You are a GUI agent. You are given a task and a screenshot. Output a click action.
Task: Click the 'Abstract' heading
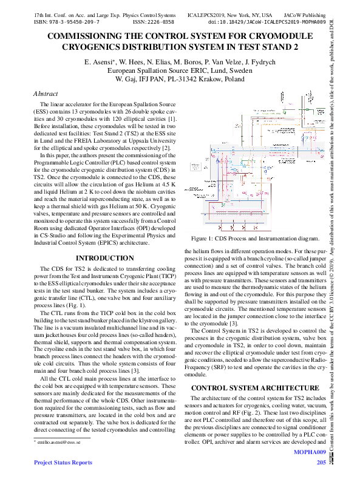point(46,94)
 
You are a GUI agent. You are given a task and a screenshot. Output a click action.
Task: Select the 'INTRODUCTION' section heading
point(104,258)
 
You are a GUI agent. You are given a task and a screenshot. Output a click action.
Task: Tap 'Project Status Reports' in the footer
point(64,463)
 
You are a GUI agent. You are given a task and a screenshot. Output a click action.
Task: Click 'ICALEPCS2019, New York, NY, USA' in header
point(229,13)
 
